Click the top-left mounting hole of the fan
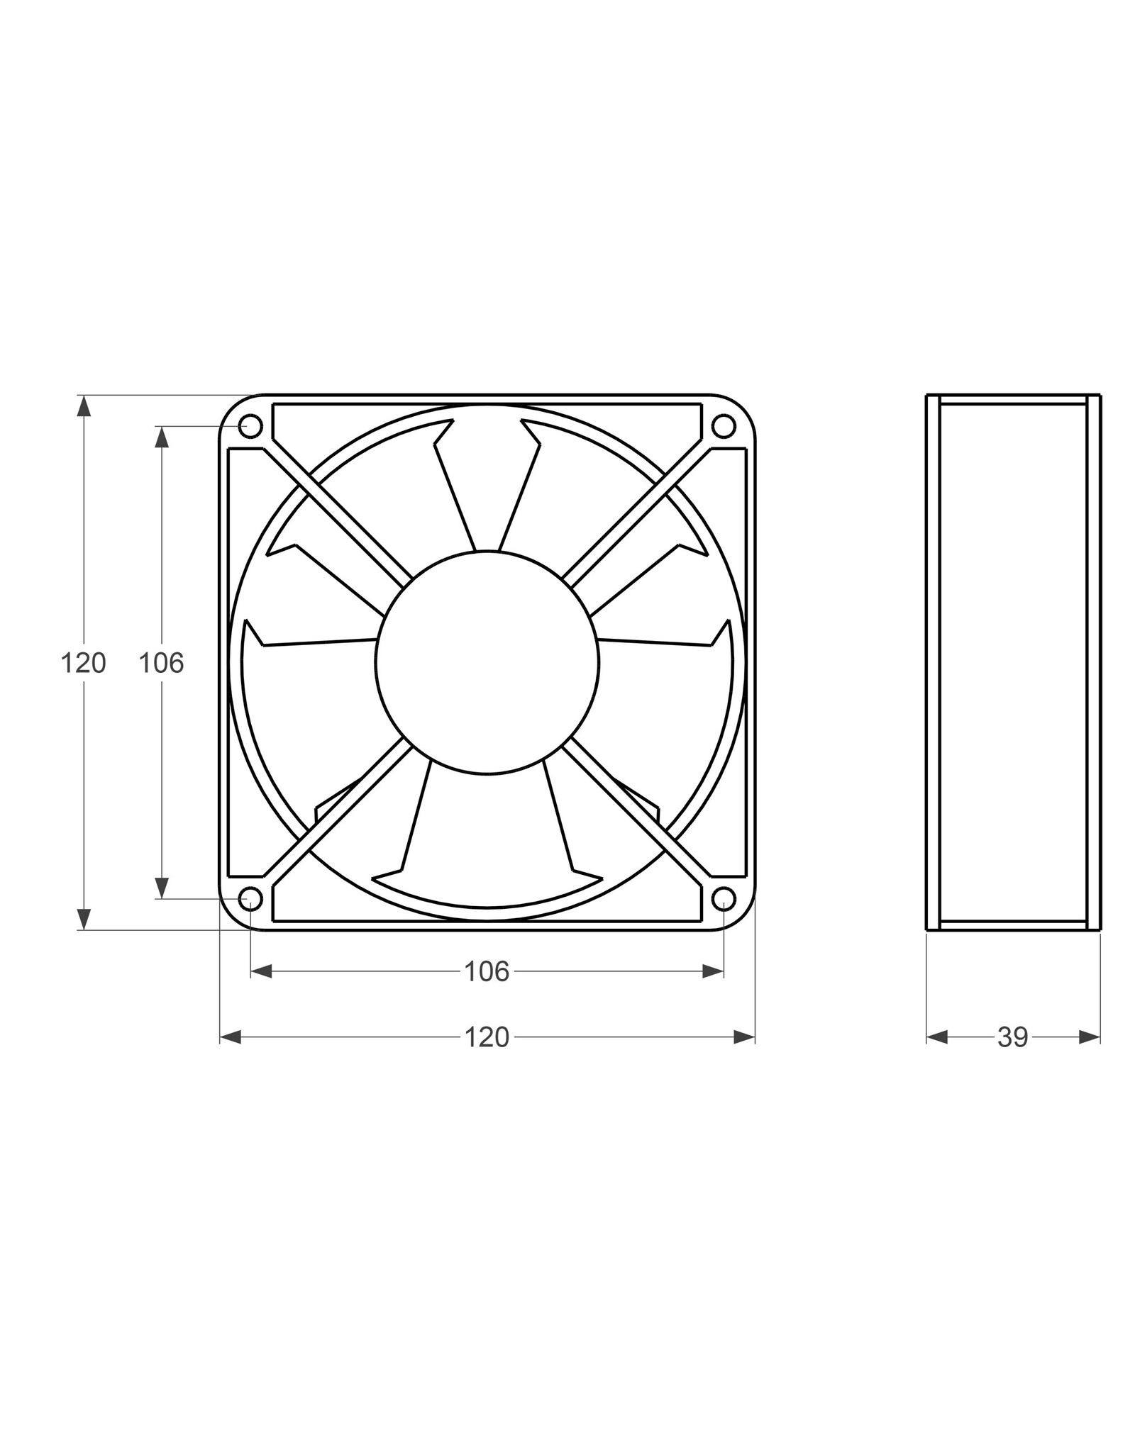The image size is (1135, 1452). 251,426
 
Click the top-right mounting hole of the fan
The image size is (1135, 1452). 723,426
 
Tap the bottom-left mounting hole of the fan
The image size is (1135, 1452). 251,898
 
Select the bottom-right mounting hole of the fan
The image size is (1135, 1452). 723,898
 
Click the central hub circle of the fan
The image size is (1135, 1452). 487,662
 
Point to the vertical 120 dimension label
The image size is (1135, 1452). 83,663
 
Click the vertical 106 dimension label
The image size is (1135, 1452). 161,663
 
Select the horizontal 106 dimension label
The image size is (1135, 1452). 487,971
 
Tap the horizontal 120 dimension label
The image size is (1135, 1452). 487,1037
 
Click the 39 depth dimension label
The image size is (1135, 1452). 1013,1037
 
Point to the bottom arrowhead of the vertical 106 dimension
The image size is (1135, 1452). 162,887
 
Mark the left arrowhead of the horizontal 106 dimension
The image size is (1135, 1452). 262,971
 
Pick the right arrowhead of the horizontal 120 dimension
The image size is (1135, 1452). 743,1037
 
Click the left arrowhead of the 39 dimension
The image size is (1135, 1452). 937,1037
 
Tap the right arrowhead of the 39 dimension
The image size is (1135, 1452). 1090,1037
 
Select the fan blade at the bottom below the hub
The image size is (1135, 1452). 487,851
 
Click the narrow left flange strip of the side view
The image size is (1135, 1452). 933,662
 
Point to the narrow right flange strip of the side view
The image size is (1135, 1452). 1094,662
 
